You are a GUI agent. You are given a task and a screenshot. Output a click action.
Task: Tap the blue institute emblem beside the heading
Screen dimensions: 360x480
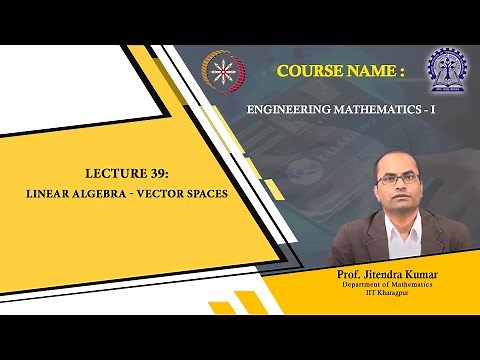(x=446, y=65)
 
